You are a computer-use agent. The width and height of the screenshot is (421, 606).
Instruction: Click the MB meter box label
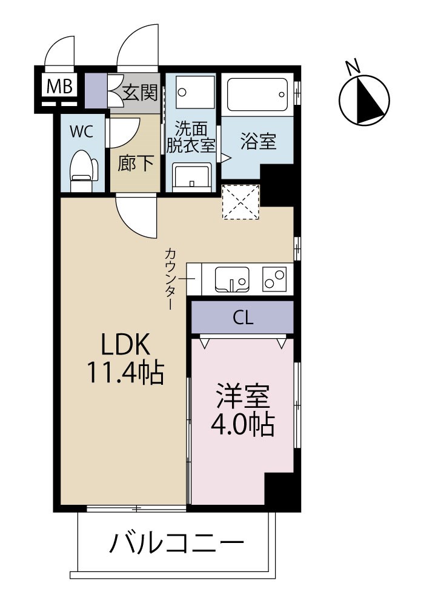pyautogui.click(x=59, y=87)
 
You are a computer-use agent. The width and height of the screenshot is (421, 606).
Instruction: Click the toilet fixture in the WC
pyautogui.click(x=83, y=167)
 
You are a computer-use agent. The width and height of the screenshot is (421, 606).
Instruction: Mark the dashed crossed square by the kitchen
pyautogui.click(x=240, y=201)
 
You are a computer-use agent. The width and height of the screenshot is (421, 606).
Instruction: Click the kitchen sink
pyautogui.click(x=233, y=280)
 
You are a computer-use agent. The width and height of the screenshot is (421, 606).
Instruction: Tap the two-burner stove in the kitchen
pyautogui.click(x=274, y=279)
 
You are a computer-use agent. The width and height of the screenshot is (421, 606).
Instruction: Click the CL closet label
pyautogui.click(x=243, y=318)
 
